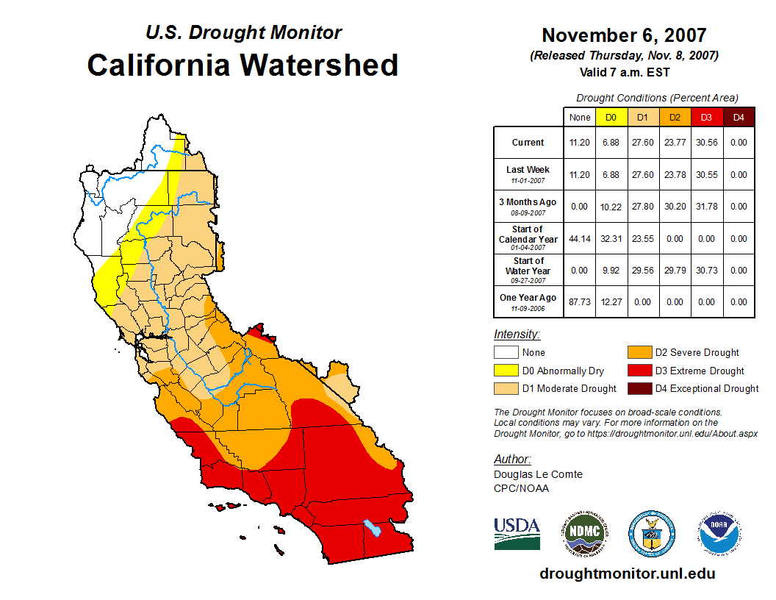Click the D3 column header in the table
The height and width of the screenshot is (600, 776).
[x=706, y=117]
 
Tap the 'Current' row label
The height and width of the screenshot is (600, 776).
[x=528, y=143]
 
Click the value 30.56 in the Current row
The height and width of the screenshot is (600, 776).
[x=706, y=143]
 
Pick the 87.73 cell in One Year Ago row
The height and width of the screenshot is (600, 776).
[x=580, y=301]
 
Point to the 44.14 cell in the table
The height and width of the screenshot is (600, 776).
[x=580, y=238]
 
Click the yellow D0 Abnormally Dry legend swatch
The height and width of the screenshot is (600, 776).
[x=506, y=371]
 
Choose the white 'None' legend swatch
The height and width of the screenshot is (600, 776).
[x=506, y=353]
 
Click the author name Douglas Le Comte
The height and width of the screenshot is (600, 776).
[x=538, y=474]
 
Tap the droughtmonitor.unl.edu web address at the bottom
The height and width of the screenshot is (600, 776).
[x=627, y=574]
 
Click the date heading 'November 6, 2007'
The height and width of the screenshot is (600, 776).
[x=624, y=35]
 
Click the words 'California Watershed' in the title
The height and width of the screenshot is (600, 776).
[x=242, y=65]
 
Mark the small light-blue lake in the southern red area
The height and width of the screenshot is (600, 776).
[x=373, y=528]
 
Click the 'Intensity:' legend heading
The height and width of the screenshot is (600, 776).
[x=517, y=334]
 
